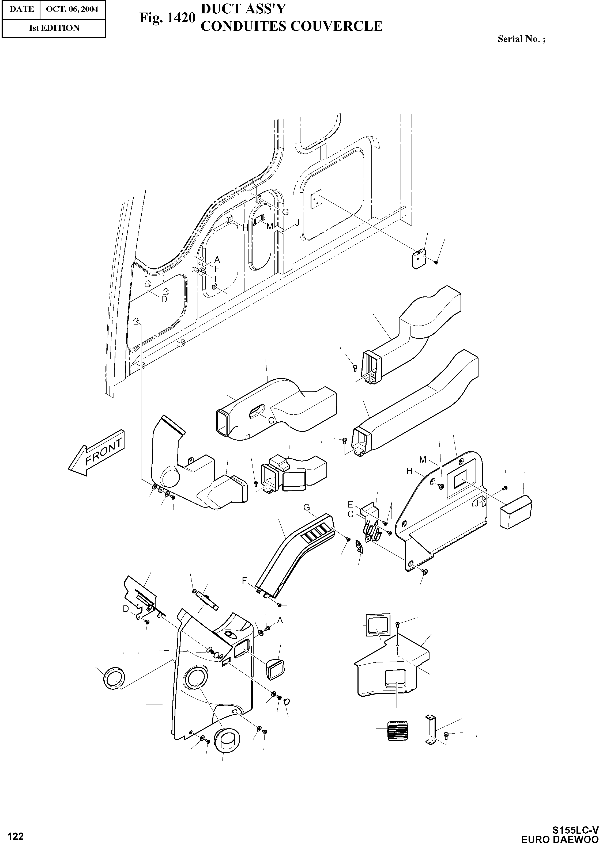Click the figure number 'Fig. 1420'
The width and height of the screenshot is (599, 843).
167,17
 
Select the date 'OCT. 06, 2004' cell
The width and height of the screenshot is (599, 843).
72,9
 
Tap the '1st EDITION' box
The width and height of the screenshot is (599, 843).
54,28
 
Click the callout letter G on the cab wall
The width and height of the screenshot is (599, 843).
285,212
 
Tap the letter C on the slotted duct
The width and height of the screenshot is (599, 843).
271,420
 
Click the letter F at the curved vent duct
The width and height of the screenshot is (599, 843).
244,581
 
